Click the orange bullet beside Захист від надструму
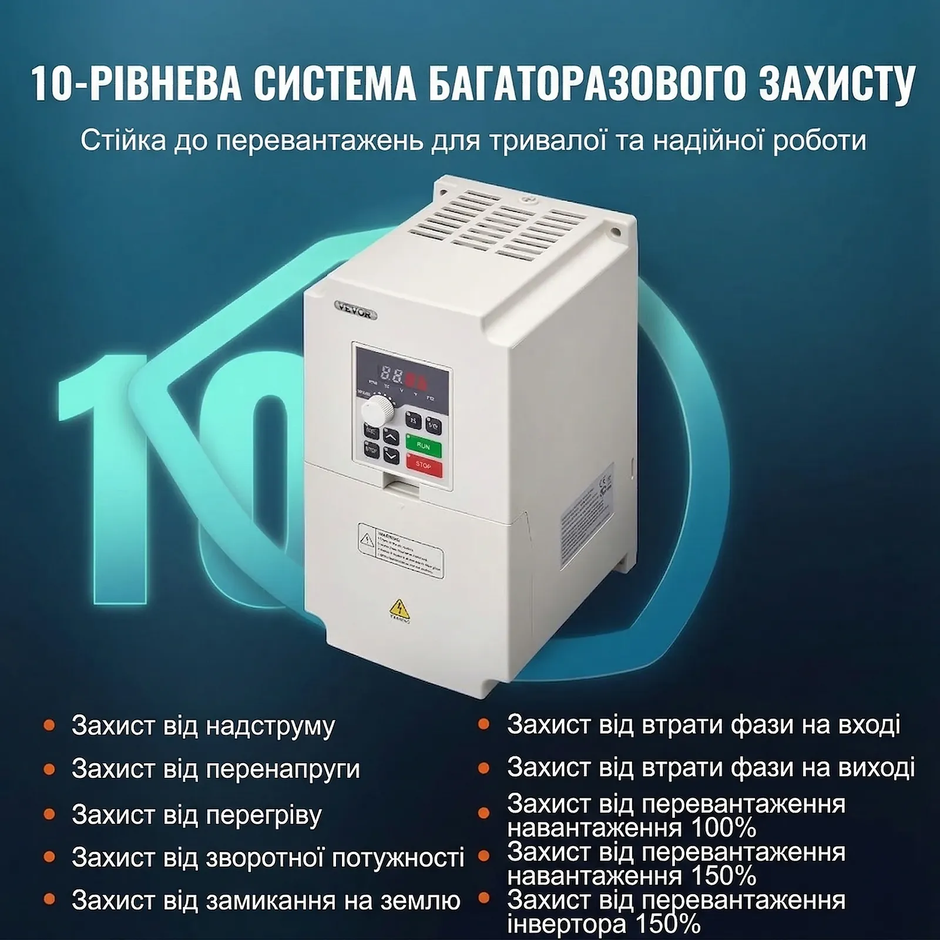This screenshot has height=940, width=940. point(49,726)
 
